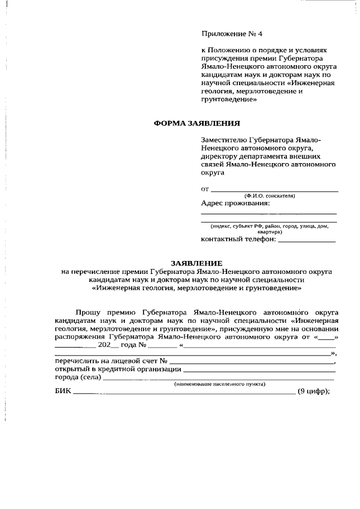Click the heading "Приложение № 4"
pos(232,34)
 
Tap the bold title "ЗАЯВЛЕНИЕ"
pos(197,263)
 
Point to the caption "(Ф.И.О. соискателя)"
pos(269,196)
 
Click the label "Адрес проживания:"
pos(235,203)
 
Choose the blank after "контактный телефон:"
pos(307,241)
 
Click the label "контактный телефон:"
pos(238,239)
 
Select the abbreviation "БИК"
pos(64,392)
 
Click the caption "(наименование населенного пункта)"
pos(220,384)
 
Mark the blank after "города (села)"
pos(219,379)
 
